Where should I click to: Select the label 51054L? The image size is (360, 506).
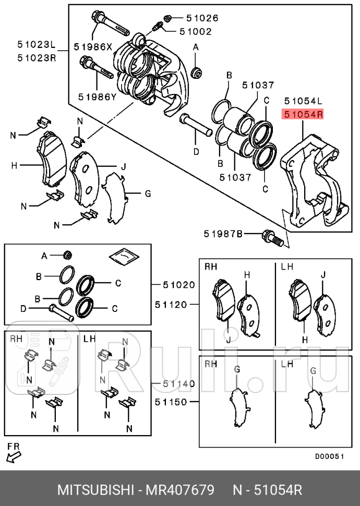pos(303,100)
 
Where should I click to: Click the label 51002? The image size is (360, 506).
pos(195,31)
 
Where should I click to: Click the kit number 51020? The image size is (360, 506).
pos(178,285)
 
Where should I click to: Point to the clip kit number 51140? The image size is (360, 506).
pos(178,383)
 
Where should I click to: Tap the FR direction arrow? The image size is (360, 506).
pos(14,456)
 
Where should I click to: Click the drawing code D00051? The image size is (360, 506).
pos(329,456)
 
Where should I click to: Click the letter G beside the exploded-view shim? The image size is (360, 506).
pos(148,194)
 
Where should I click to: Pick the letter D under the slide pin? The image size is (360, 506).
pos(196,152)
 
